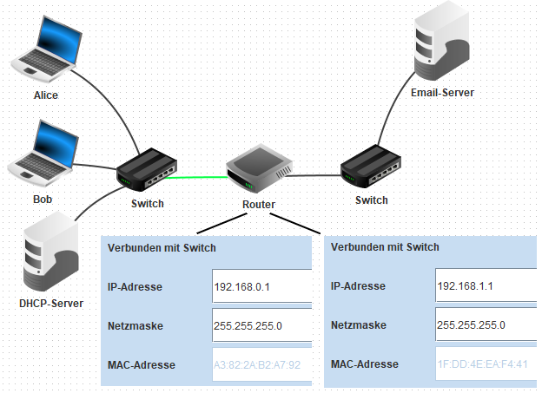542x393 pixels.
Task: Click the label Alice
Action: [45, 95]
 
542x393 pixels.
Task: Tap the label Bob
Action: [43, 200]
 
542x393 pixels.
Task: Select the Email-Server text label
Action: [442, 91]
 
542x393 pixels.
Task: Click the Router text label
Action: [259, 206]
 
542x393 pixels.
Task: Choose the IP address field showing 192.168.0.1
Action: [261, 286]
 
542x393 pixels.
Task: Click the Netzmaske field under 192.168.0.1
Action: [261, 325]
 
